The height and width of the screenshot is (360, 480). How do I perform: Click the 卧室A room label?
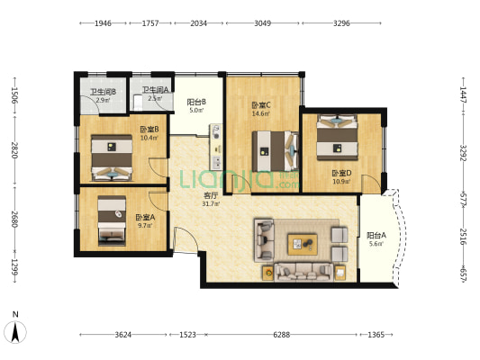point(145,217)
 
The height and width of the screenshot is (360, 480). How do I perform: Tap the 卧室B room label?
point(149,129)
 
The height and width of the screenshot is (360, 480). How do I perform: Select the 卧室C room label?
point(261,105)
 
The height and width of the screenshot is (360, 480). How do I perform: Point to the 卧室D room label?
point(341,173)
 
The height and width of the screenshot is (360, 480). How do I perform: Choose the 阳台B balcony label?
point(197,102)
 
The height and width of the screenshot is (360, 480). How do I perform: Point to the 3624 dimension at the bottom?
point(123,335)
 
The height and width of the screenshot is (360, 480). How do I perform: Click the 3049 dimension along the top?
point(263,24)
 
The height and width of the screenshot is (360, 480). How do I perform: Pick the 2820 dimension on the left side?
point(14,149)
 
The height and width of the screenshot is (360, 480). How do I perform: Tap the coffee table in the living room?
point(302,242)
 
